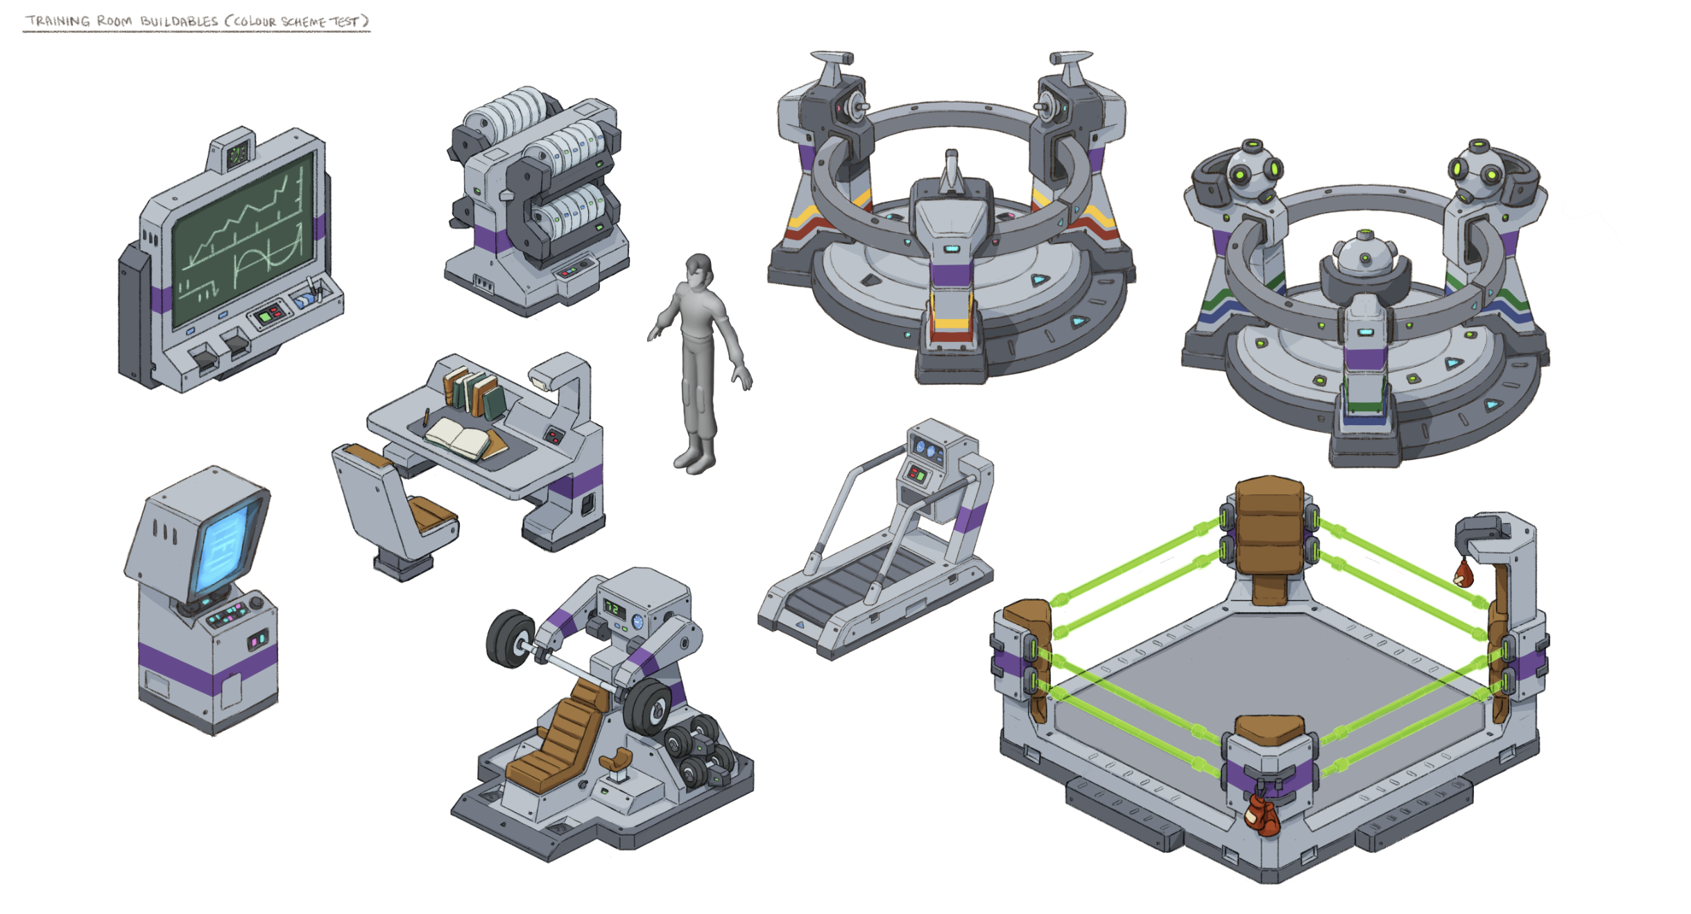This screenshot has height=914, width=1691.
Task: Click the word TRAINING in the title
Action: pyautogui.click(x=58, y=21)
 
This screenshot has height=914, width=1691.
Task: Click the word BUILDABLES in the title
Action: pyautogui.click(x=179, y=21)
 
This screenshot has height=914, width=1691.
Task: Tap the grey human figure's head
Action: pyautogui.click(x=699, y=270)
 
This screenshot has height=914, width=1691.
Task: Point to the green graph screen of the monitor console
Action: pyautogui.click(x=243, y=239)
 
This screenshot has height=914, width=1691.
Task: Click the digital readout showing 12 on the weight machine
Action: pyautogui.click(x=614, y=609)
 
